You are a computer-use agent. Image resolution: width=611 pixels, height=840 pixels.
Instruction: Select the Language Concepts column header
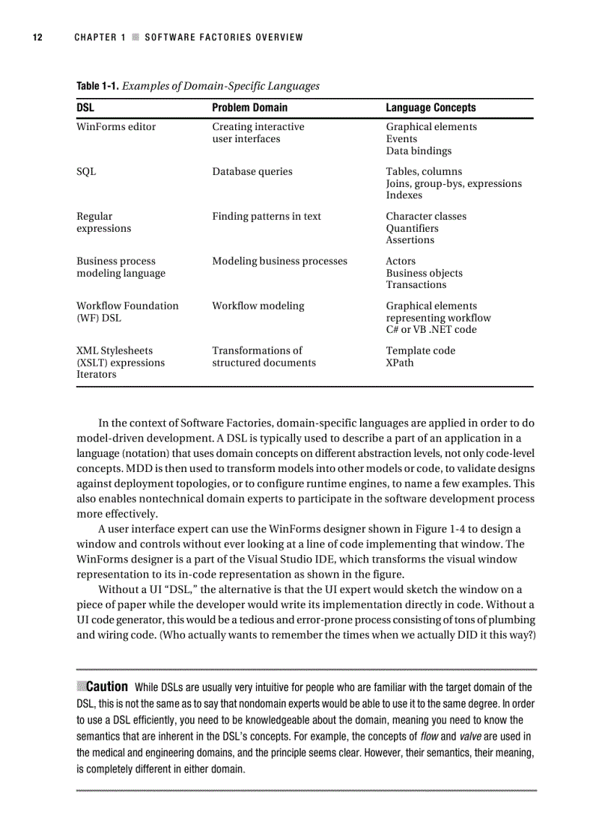pyautogui.click(x=431, y=108)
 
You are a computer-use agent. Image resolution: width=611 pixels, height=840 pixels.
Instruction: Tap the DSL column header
pyautogui.click(x=85, y=108)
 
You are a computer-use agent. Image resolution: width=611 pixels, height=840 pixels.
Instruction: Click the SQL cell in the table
pyautogui.click(x=86, y=172)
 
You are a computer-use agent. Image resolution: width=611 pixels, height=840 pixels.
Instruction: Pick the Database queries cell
pyautogui.click(x=252, y=172)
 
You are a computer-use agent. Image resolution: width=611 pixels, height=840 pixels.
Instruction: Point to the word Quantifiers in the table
pyautogui.click(x=412, y=228)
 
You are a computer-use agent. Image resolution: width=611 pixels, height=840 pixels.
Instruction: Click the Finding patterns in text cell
pyautogui.click(x=267, y=216)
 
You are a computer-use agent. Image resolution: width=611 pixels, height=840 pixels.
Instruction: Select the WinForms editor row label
pyautogui.click(x=116, y=127)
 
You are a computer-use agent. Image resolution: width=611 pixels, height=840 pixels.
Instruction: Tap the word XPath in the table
pyautogui.click(x=400, y=363)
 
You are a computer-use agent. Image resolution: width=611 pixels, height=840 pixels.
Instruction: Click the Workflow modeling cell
pyautogui.click(x=258, y=306)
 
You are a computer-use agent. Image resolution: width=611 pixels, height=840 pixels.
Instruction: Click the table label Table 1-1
pyautogui.click(x=97, y=86)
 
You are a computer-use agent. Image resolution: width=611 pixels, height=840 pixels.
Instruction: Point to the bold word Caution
pyautogui.click(x=107, y=687)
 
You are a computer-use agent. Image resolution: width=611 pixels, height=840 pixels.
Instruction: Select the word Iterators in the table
pyautogui.click(x=97, y=375)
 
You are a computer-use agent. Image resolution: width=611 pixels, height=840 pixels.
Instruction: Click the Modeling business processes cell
pyautogui.click(x=279, y=261)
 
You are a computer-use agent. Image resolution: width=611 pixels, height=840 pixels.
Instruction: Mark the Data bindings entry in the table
pyautogui.click(x=419, y=151)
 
